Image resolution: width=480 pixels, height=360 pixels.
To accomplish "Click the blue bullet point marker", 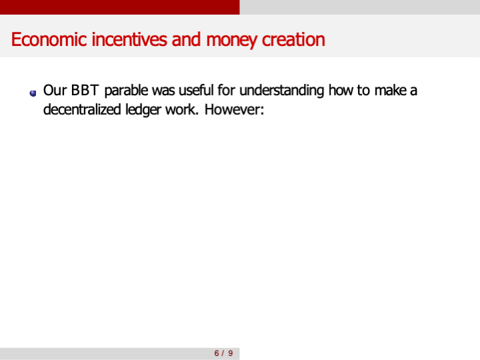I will [x=33, y=93].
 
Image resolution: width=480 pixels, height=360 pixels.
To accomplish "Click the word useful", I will [x=197, y=90].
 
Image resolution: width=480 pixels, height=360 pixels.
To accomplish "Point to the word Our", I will [x=55, y=90].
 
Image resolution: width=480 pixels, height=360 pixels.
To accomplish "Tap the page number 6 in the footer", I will [x=216, y=353].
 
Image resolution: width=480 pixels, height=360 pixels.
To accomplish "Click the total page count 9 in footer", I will [x=231, y=353].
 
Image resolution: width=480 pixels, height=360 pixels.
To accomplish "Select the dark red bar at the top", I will [x=120, y=7].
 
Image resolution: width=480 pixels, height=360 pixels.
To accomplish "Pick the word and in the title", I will [x=187, y=39].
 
